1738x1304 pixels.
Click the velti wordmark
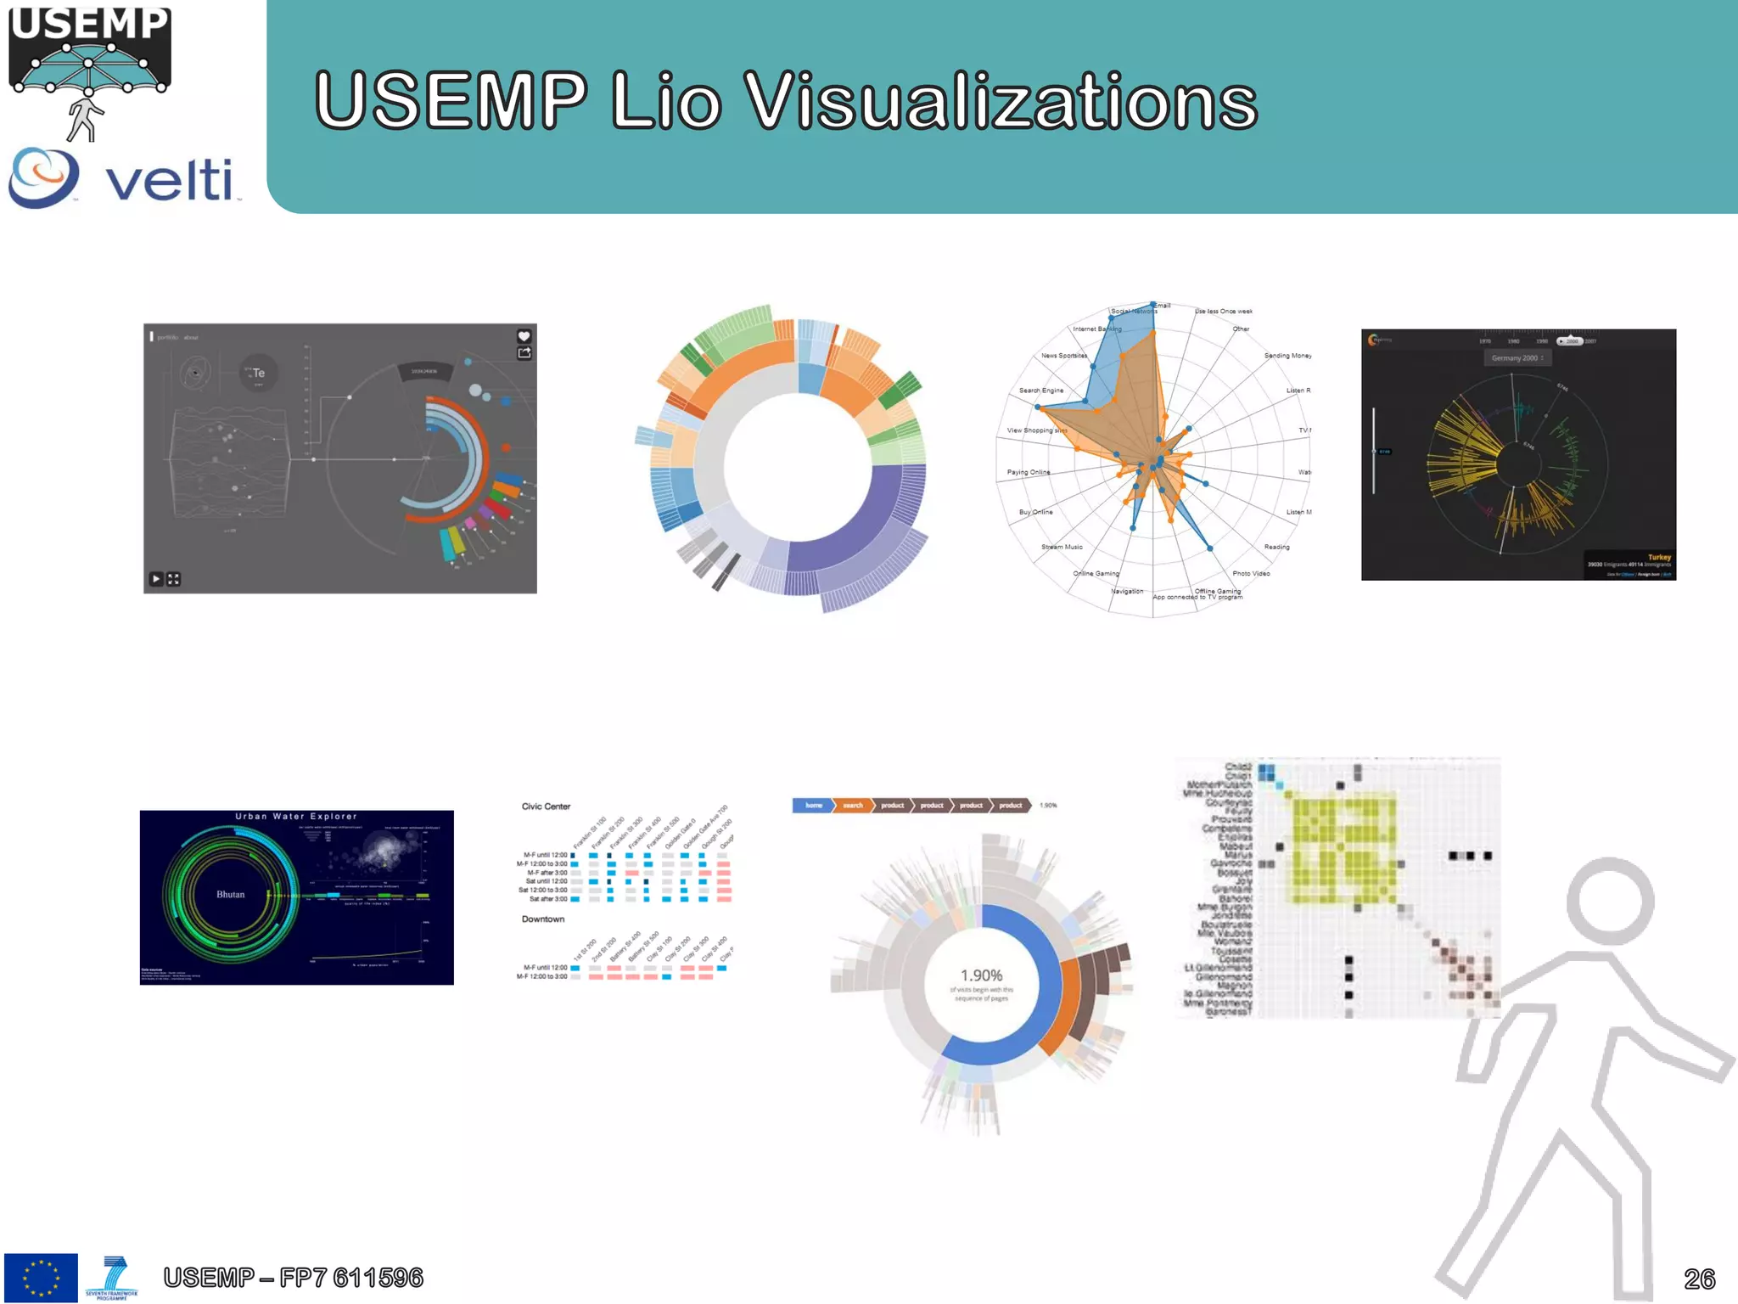170,180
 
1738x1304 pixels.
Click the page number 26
1699,1278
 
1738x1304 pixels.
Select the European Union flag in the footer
41,1277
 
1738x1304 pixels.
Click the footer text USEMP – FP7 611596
293,1277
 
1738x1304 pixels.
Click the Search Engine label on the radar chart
1040,391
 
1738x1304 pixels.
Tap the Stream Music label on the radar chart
1062,547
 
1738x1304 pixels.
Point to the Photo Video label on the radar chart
1251,574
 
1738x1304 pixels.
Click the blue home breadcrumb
813,805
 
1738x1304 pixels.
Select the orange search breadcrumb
853,805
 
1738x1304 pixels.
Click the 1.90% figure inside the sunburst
981,975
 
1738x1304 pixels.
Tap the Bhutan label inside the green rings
230,894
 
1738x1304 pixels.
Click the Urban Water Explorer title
296,817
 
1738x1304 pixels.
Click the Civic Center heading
546,807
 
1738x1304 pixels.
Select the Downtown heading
542,919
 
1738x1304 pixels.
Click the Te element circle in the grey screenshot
258,373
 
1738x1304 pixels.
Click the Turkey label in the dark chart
1658,557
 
